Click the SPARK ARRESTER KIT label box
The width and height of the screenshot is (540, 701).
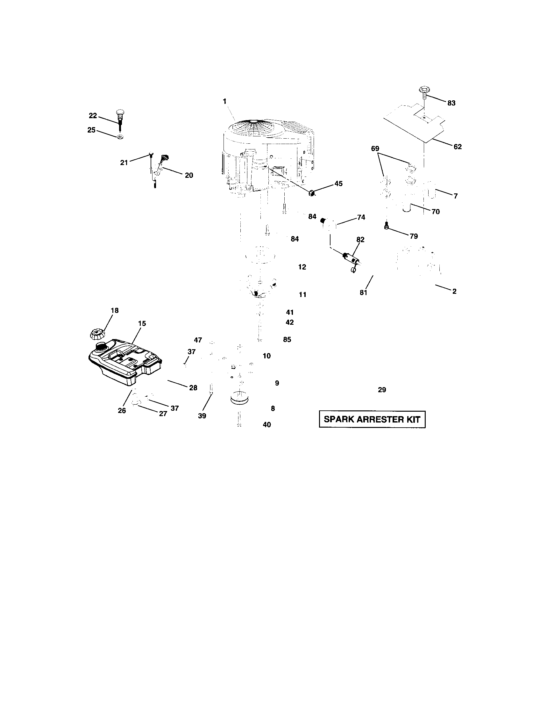point(372,419)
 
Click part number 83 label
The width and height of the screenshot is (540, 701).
point(451,103)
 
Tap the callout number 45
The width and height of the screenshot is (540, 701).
point(338,184)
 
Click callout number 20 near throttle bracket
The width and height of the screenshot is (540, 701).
point(189,175)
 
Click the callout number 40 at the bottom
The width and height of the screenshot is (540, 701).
point(266,425)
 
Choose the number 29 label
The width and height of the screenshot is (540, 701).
point(382,390)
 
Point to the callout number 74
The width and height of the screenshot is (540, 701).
point(361,217)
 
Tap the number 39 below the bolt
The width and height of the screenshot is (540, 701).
point(202,416)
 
